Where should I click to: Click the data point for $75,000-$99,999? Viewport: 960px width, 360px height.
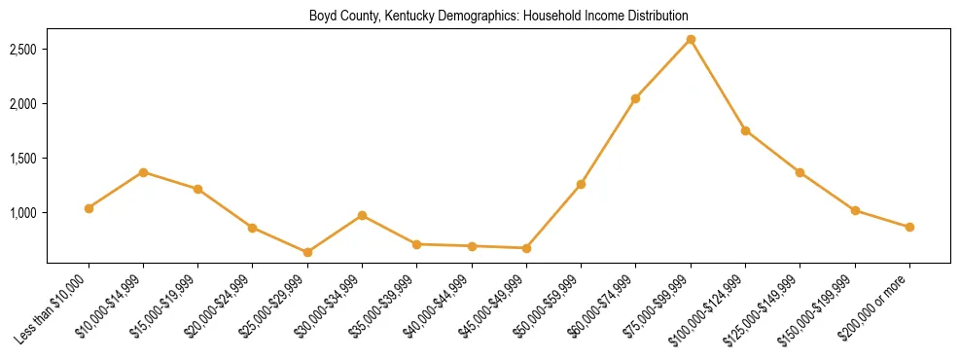[x=691, y=39]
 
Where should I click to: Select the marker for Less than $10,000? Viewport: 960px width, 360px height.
[x=89, y=208]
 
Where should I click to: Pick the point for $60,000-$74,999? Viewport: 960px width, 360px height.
[x=635, y=98]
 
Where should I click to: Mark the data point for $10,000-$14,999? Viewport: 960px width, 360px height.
[x=143, y=172]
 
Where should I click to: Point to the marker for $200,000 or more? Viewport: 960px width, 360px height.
[x=909, y=227]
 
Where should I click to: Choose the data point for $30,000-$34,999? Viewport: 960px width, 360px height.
[x=362, y=215]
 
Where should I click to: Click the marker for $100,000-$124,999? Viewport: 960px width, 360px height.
[x=745, y=130]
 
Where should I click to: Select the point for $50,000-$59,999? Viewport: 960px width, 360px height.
[x=581, y=184]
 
